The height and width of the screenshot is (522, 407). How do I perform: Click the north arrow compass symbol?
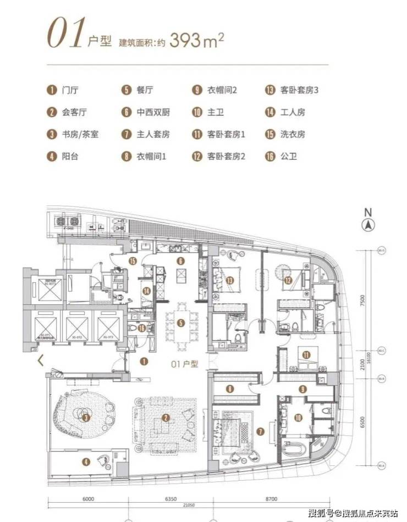coord(367,224)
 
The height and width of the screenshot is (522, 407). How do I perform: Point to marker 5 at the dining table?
coord(181,323)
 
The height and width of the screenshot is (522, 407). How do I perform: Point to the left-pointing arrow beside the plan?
coord(40,361)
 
